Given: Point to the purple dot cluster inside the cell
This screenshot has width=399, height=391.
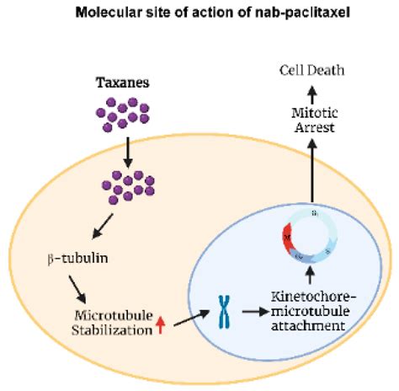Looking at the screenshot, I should point(123,186).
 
